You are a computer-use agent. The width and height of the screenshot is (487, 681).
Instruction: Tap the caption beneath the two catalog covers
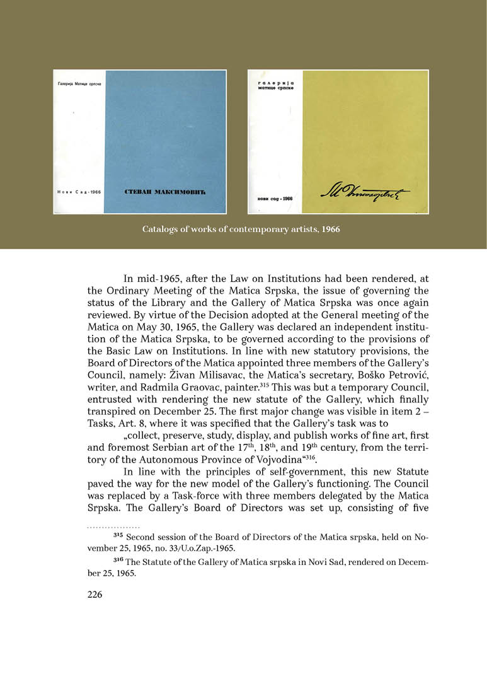pyautogui.click(x=241, y=230)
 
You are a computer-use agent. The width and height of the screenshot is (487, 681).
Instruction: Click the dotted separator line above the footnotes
pyautogui.click(x=113, y=526)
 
